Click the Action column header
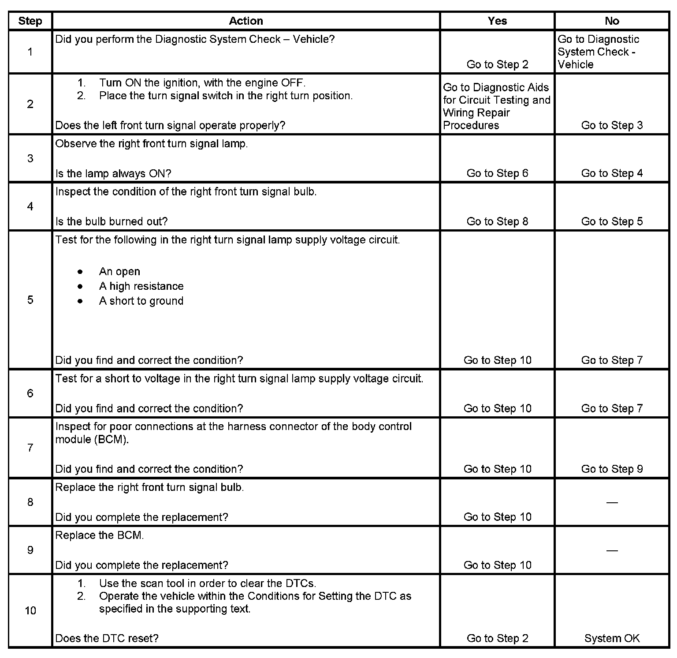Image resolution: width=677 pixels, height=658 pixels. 246,21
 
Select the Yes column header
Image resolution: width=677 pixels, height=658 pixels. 497,21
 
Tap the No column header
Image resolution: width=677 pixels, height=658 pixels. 612,21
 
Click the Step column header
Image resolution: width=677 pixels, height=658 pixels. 30,21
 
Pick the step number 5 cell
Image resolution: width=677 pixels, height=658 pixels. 30,300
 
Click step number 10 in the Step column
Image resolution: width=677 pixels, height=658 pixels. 30,610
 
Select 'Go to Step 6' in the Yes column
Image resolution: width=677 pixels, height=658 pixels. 497,173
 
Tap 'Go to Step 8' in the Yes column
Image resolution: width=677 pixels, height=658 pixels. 497,221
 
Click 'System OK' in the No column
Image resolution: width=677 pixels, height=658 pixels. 612,638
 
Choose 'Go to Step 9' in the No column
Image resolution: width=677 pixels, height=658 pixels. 612,469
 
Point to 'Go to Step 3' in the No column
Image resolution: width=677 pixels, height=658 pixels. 612,125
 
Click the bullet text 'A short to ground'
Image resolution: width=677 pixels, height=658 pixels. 141,301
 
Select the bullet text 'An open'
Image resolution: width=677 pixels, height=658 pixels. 119,272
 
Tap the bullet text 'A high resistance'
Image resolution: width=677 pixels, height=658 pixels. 141,286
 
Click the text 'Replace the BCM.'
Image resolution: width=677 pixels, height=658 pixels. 100,535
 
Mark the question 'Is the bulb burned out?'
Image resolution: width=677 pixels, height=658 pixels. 112,221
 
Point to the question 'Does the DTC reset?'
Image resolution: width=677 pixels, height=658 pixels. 107,638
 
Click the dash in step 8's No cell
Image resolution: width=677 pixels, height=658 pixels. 612,502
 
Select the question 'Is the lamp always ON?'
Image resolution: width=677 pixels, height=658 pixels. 113,173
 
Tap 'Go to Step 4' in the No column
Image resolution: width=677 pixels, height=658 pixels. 612,173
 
